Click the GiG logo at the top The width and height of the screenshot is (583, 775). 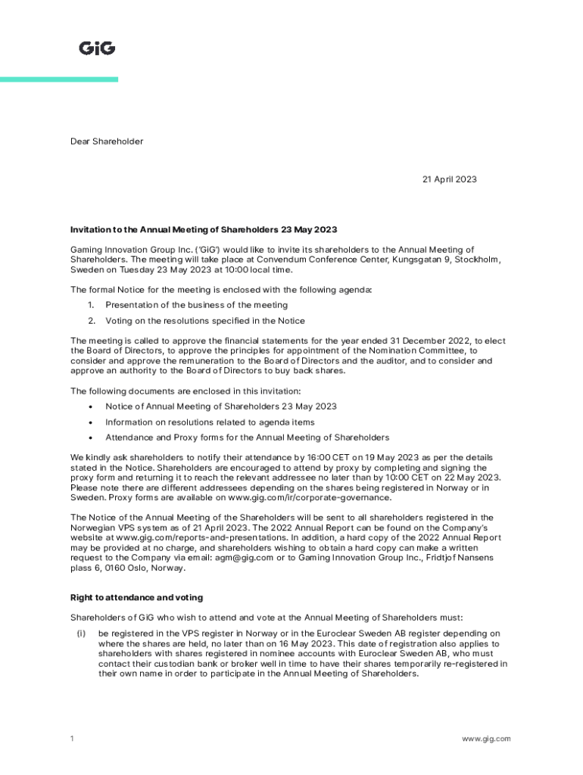(x=97, y=48)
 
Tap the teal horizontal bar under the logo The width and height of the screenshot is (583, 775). (x=59, y=79)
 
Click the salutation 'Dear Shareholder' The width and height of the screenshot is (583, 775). (x=107, y=142)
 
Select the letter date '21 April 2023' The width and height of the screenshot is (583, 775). (x=449, y=179)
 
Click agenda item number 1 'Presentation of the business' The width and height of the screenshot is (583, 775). (x=196, y=305)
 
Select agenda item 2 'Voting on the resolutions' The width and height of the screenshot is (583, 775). (x=205, y=321)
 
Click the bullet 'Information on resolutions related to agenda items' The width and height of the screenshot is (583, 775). (x=210, y=422)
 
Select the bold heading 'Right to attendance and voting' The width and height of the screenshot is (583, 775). (x=136, y=598)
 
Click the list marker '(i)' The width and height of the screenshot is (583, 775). (x=82, y=633)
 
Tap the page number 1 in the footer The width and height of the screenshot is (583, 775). (x=72, y=739)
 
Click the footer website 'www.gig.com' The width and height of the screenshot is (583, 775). (x=486, y=739)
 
